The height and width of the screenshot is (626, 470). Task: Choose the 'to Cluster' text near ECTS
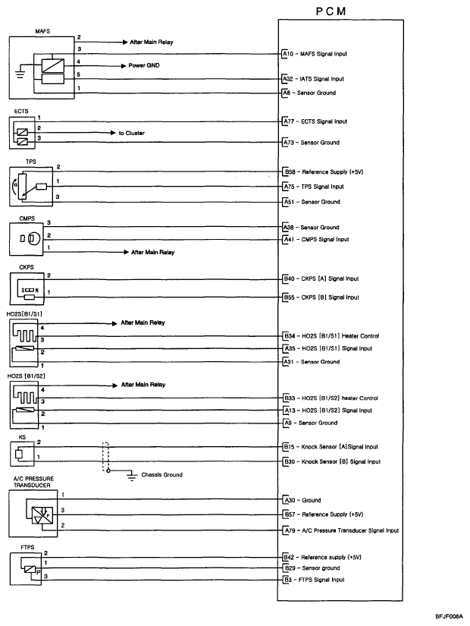(x=133, y=132)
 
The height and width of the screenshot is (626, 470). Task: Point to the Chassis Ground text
(x=161, y=474)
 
